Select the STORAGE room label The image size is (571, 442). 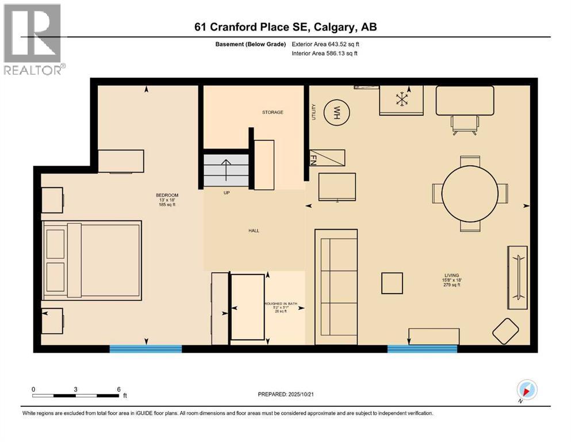tap(273, 112)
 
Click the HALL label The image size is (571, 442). tap(254, 231)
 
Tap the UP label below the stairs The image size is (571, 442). tap(227, 193)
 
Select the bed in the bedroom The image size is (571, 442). tap(92, 260)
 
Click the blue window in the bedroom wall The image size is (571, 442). tap(145, 348)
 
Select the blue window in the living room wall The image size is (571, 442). tap(422, 348)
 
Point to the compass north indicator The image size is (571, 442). tap(527, 391)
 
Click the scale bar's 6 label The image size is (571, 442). tap(118, 389)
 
